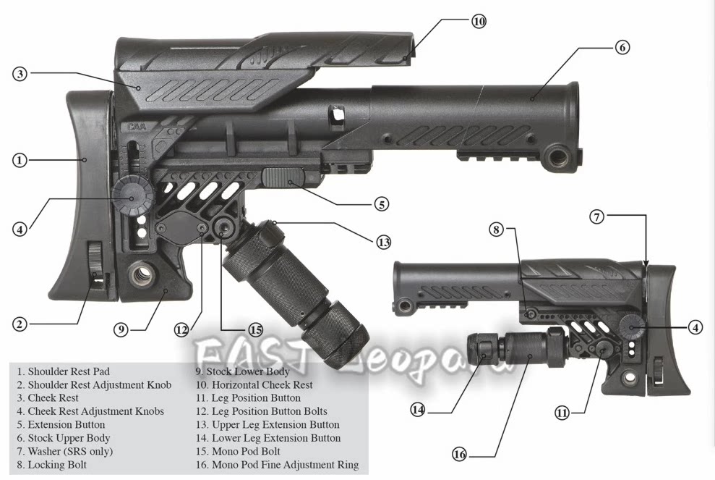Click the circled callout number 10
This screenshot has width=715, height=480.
(x=479, y=21)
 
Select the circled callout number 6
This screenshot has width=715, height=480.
(x=622, y=48)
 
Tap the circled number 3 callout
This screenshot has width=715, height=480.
(x=20, y=74)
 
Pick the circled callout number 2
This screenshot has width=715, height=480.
(x=20, y=324)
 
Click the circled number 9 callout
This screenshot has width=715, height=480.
(x=121, y=329)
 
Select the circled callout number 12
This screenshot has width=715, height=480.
(x=181, y=329)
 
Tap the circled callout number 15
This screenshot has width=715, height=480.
(x=255, y=329)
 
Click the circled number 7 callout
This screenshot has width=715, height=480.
(x=596, y=216)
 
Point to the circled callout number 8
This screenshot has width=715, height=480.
(x=495, y=230)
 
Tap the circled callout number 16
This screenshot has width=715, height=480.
(x=460, y=454)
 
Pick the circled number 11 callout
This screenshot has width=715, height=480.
(x=562, y=413)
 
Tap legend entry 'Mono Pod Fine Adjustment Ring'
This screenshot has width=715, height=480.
(x=285, y=465)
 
